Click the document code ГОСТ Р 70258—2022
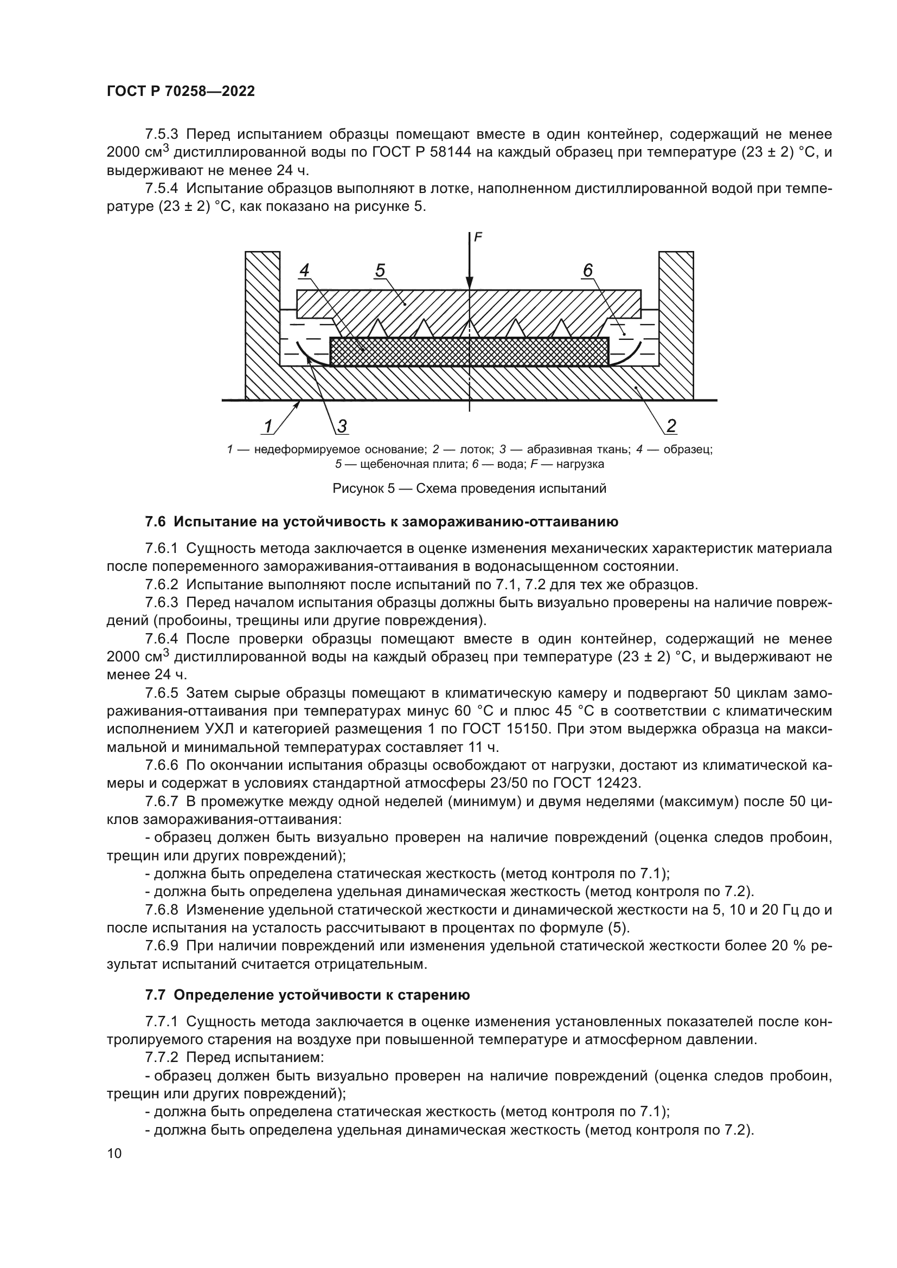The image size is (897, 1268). [181, 92]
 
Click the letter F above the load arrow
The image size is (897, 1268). [478, 237]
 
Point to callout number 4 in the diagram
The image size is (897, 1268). [304, 271]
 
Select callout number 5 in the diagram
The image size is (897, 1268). [380, 271]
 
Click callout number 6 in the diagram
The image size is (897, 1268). [588, 271]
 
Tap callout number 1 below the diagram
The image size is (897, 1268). [268, 426]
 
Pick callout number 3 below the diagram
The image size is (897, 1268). [342, 426]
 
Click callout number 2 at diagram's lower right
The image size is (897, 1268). [671, 426]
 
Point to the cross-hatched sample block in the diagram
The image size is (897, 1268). [470, 351]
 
